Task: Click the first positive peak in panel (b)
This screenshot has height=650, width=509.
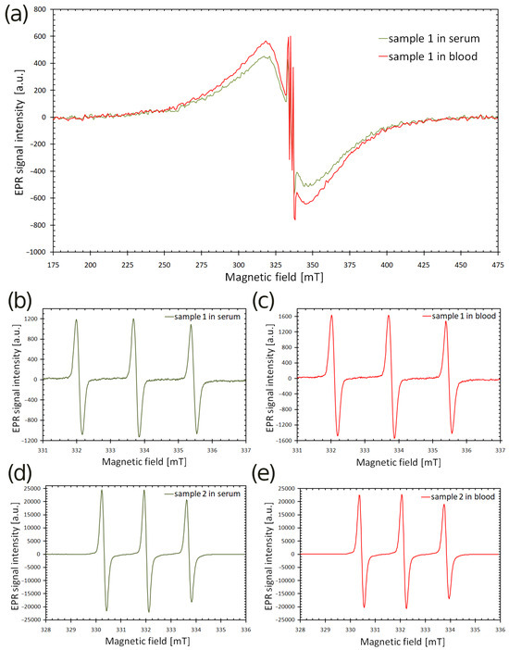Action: pos(77,320)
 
